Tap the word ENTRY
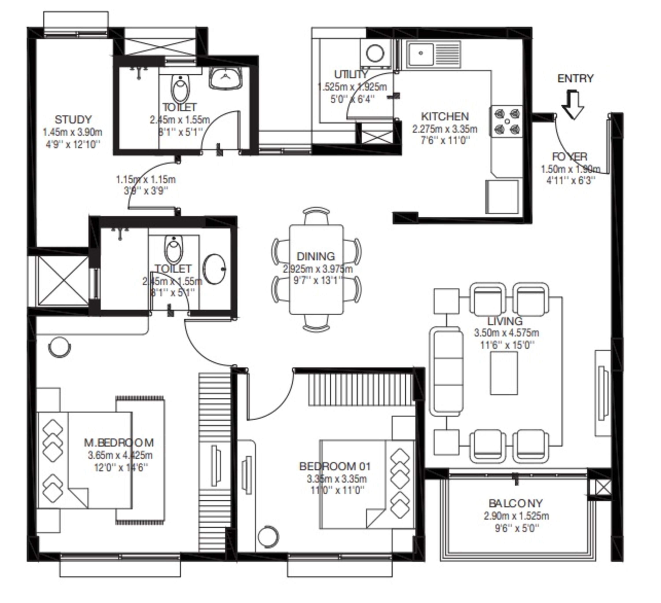[576, 79]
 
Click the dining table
[316, 269]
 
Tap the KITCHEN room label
[445, 116]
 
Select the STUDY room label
[73, 120]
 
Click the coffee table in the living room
[504, 373]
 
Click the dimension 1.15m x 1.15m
[146, 180]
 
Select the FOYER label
[570, 157]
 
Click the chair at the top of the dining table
[316, 215]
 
